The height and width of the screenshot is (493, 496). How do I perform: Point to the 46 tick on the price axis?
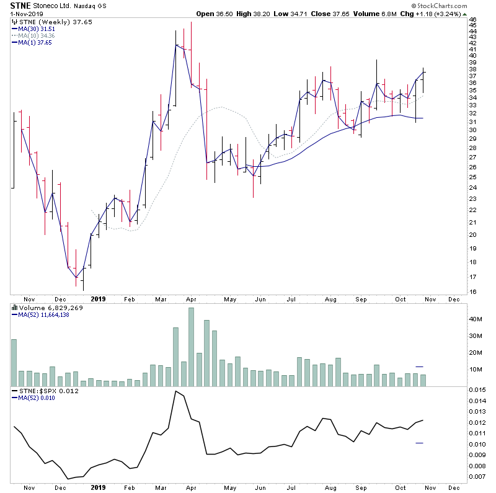tap(472, 20)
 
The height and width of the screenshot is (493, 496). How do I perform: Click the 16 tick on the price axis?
tap(472, 292)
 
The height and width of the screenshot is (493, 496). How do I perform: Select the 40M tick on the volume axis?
tap(474, 319)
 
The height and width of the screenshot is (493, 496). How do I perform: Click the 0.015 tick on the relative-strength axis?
tap(477, 389)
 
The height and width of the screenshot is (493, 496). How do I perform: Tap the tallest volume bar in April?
tap(191, 347)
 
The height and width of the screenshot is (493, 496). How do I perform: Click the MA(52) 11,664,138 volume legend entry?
tap(43, 314)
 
